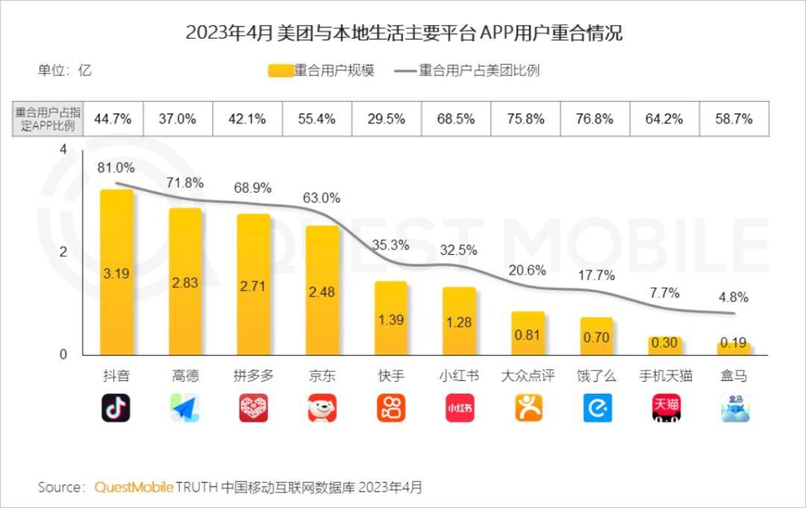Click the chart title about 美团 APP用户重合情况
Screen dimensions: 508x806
pos(403,33)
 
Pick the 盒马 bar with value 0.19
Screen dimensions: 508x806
pos(734,348)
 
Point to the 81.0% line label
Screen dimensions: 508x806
pos(116,168)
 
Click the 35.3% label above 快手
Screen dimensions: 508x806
pos(390,245)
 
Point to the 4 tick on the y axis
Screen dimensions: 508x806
pos(63,150)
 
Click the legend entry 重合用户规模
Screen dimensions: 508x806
pos(322,71)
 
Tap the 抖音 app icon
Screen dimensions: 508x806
pos(116,408)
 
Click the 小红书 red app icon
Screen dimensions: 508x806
pos(460,408)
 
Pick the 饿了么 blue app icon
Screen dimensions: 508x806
pos(597,408)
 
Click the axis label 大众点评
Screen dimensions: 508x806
pos(528,376)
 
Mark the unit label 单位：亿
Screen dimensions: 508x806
pos(65,71)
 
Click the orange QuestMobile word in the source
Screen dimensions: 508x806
pos(134,487)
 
